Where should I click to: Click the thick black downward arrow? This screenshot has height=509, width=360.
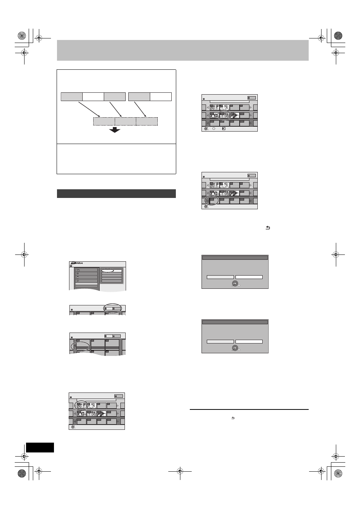(115, 130)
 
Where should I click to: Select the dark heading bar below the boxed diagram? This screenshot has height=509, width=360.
(116, 193)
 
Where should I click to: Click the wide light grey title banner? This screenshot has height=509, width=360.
(183, 50)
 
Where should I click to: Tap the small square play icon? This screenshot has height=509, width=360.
(224, 129)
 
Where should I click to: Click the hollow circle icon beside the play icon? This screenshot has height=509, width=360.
(214, 129)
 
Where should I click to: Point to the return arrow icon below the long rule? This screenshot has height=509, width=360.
(233, 418)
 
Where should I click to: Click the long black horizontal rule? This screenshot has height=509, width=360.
(249, 409)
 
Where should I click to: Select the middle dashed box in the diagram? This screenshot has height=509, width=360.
(125, 121)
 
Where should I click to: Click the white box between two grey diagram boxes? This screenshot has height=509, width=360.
(93, 97)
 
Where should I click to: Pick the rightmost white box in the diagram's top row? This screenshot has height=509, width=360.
(160, 97)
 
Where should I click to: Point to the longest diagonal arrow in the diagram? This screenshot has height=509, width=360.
(89, 109)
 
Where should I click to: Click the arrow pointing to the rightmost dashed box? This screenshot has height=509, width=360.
(140, 109)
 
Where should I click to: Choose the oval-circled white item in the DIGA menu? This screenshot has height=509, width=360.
(107, 271)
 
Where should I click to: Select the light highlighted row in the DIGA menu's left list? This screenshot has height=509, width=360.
(86, 284)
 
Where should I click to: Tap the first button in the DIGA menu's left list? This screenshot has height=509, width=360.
(86, 270)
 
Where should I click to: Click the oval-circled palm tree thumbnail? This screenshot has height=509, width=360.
(81, 406)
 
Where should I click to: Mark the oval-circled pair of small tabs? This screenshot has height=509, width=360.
(112, 308)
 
